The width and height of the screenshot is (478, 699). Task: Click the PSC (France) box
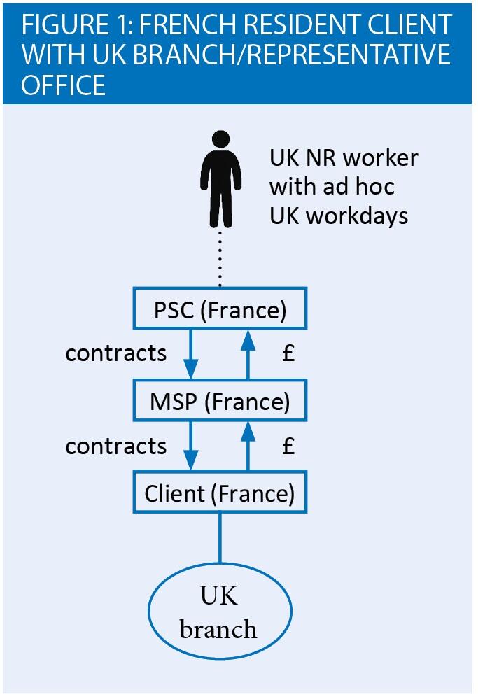[220, 309]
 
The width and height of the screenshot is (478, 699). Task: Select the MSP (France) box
[220, 402]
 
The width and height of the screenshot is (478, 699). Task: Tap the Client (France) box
[220, 493]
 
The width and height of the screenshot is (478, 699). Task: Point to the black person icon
[220, 178]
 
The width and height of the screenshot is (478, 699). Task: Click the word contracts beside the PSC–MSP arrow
[116, 353]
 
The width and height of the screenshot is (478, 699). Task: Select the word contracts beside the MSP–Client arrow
[116, 446]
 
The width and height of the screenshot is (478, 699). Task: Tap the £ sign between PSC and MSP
[288, 353]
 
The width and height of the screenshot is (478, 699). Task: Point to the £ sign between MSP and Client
[288, 446]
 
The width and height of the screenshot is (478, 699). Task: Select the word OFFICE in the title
[64, 85]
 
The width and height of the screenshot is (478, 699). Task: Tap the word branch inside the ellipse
[218, 629]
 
